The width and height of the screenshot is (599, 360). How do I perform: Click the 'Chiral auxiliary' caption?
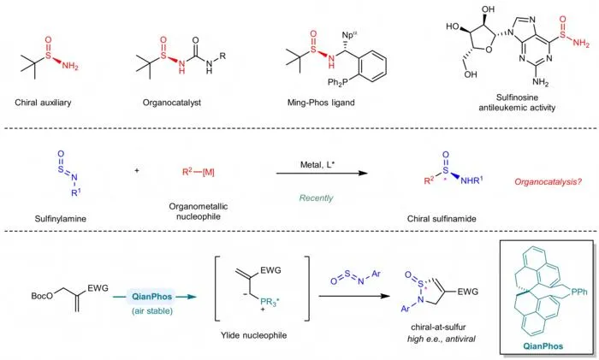(x=43, y=103)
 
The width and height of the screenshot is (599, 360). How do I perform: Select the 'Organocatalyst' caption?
(x=171, y=103)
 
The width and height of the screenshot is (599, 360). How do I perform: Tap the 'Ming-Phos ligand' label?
(x=321, y=103)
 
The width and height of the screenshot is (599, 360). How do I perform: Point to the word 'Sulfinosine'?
(x=517, y=97)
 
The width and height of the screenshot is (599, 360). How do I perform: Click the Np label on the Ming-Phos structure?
(x=349, y=35)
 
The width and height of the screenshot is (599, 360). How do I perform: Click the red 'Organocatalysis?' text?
(x=548, y=182)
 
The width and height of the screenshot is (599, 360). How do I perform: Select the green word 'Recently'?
(x=316, y=198)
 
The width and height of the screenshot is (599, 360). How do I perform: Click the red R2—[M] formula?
(x=198, y=172)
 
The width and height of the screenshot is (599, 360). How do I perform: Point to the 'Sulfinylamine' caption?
(x=61, y=219)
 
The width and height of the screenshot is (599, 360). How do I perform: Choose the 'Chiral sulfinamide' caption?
(x=442, y=219)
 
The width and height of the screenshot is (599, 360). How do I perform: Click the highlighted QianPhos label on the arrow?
(x=151, y=297)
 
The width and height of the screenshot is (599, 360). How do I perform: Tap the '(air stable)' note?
(x=152, y=310)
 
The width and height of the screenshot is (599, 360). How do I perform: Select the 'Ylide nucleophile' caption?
(x=253, y=335)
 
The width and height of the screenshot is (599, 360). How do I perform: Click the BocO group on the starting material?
(x=42, y=296)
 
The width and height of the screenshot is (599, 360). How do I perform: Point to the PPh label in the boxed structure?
(x=579, y=292)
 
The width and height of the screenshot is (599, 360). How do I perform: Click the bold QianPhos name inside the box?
(x=543, y=346)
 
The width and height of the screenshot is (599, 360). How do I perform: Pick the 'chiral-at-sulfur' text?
(x=438, y=328)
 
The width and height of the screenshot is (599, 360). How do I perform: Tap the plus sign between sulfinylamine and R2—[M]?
(x=137, y=170)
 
